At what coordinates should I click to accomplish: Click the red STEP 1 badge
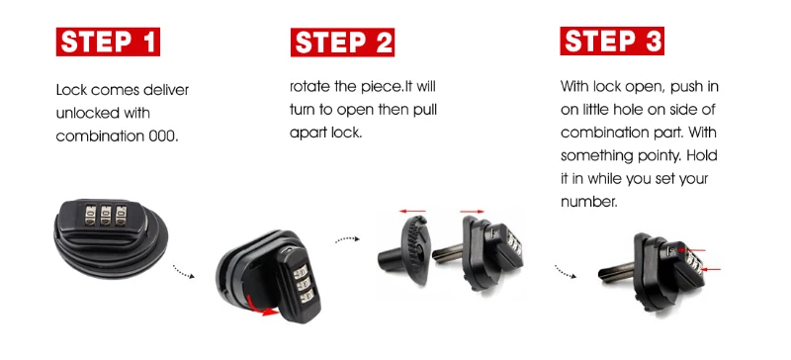(108, 43)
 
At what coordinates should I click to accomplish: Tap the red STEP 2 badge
(343, 43)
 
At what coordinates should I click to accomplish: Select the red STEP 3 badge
(612, 43)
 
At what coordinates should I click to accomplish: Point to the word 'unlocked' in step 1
(88, 113)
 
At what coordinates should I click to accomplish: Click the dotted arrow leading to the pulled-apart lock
(345, 239)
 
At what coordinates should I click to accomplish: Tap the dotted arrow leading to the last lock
(567, 271)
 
